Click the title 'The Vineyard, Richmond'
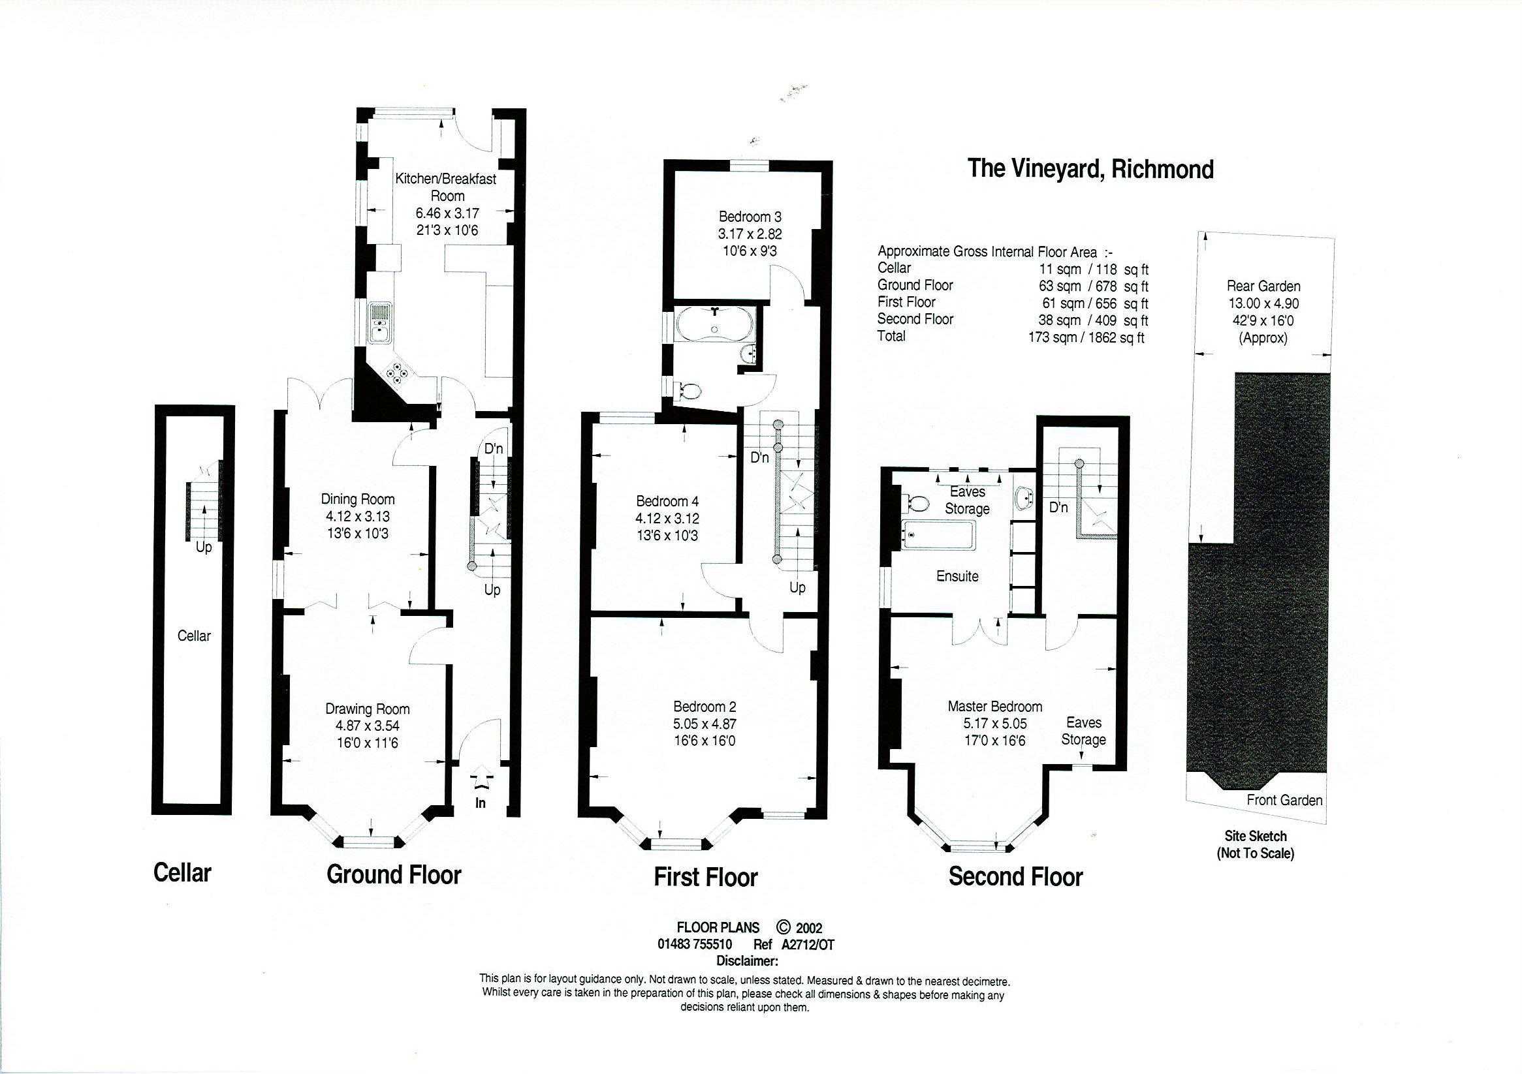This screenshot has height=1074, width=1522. pyautogui.click(x=1090, y=169)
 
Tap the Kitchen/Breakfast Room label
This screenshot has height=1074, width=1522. pyautogui.click(x=445, y=187)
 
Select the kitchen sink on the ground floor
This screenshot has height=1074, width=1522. pyautogui.click(x=381, y=324)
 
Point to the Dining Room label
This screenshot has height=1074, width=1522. pyautogui.click(x=357, y=500)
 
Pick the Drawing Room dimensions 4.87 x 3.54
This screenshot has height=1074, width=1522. pyautogui.click(x=367, y=726)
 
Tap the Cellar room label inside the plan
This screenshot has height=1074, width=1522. pyautogui.click(x=193, y=636)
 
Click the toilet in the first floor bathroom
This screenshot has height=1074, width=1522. pyautogui.click(x=687, y=391)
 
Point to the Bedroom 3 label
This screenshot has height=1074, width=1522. pyautogui.click(x=750, y=217)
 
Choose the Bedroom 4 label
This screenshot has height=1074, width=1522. pyautogui.click(x=667, y=502)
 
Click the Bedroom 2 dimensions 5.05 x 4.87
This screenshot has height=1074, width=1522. pyautogui.click(x=704, y=724)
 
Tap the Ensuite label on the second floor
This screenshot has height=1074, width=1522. pyautogui.click(x=957, y=576)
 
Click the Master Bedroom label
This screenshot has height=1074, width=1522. pyautogui.click(x=994, y=706)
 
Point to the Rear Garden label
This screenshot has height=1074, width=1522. pyautogui.click(x=1263, y=286)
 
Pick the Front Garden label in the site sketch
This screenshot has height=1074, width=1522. pyautogui.click(x=1284, y=801)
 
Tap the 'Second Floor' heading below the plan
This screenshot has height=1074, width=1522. pyautogui.click(x=1015, y=876)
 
